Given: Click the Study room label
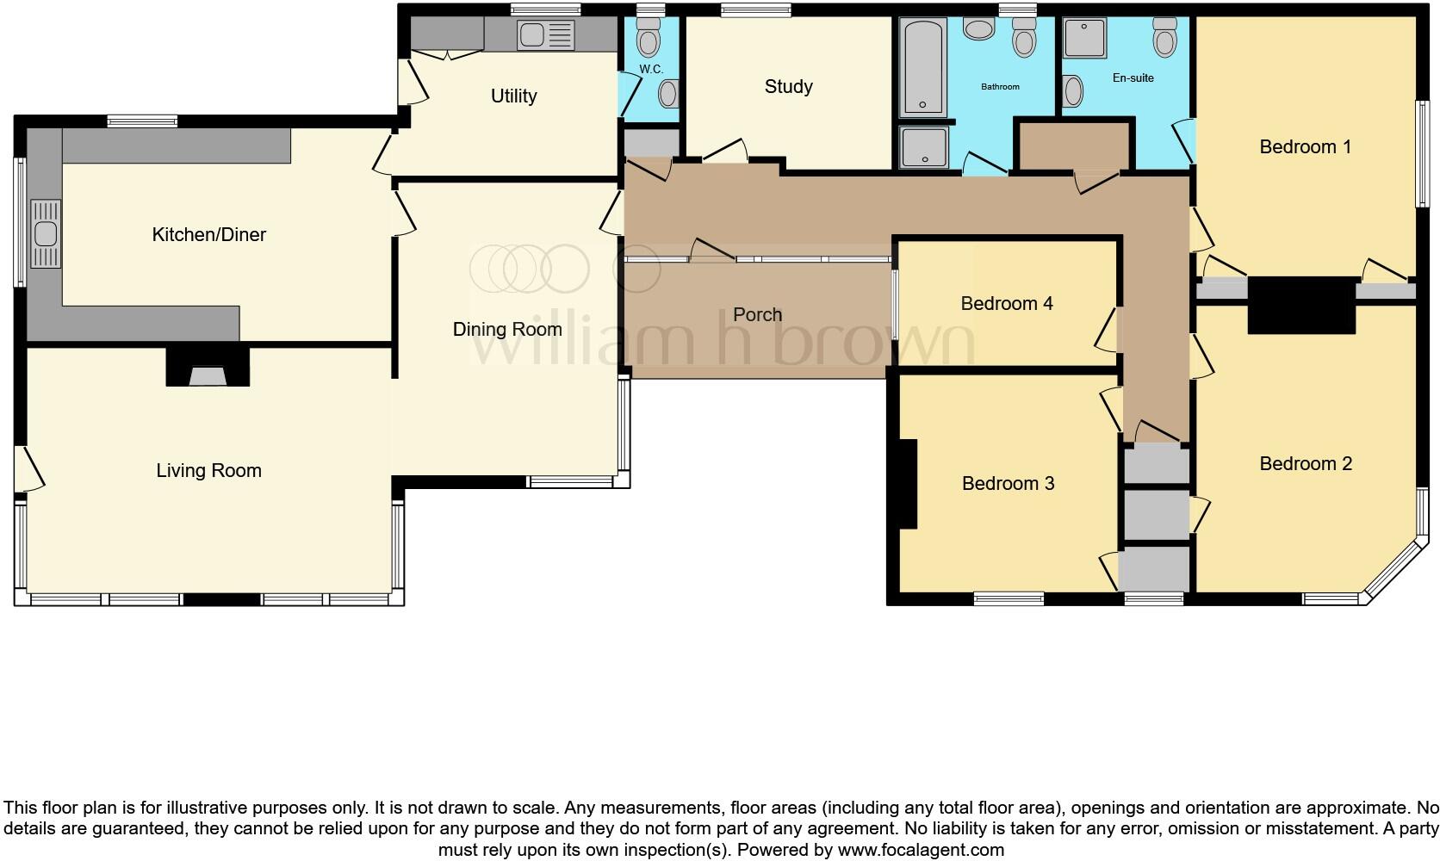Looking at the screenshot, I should (x=788, y=87).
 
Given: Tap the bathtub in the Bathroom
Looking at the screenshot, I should (x=922, y=68).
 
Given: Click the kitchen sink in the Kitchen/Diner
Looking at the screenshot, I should (x=45, y=233).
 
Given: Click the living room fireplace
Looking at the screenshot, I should (x=207, y=368).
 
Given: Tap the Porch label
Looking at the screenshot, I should (x=757, y=315).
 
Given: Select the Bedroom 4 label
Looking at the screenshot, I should (x=1006, y=304).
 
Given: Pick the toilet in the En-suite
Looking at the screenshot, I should (x=1166, y=39).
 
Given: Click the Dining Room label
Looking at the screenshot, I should (x=507, y=330).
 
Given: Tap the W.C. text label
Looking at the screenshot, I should (x=650, y=69).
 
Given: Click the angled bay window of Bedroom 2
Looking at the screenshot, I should (x=1392, y=569).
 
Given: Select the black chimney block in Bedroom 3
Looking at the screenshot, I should (x=907, y=483).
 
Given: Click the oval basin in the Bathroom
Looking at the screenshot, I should (x=978, y=30).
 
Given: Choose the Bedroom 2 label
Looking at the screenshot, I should (x=1305, y=464).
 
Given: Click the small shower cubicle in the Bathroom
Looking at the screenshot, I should (x=924, y=147).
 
